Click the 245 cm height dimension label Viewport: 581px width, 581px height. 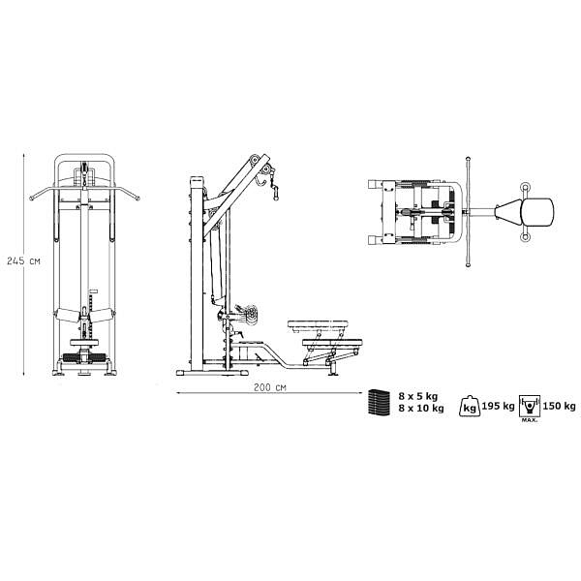point(23,260)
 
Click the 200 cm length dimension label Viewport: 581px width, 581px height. point(270,387)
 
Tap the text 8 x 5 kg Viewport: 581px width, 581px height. point(418,396)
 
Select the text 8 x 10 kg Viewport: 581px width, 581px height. point(421,409)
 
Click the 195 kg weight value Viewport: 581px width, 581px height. point(498,406)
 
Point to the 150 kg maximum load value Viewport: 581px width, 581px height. point(559,406)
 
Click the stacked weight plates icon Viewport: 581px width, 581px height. point(379,403)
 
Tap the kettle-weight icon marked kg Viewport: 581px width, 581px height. point(470,407)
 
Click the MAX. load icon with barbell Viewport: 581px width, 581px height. point(530,409)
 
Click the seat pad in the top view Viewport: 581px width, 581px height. point(537,212)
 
